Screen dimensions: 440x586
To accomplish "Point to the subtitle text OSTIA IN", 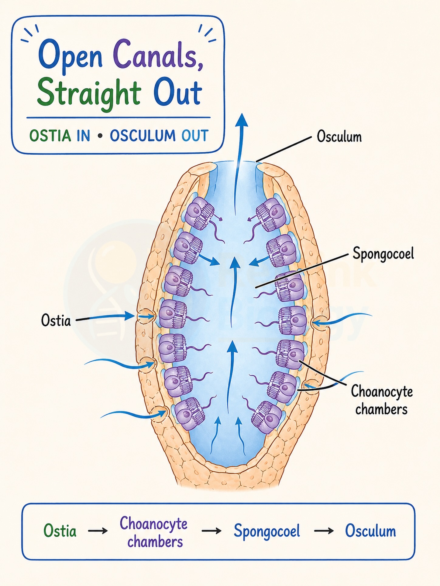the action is (60, 136).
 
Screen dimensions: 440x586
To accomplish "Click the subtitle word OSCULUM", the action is (143, 136).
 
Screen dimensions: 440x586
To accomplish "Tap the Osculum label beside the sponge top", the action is (339, 137).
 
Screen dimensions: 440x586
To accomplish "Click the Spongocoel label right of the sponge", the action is (383, 254).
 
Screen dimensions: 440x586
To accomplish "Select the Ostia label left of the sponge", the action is (56, 320).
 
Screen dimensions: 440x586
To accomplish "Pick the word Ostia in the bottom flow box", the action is (60, 531).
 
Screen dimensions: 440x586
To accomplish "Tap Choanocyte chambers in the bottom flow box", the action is (154, 532).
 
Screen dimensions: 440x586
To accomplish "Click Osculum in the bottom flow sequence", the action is (370, 531).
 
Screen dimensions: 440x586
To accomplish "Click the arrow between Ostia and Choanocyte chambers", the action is (98, 531).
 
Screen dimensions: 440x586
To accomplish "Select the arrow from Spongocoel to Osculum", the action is (324, 531).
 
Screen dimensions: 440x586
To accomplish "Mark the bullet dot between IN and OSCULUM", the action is (100, 136).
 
